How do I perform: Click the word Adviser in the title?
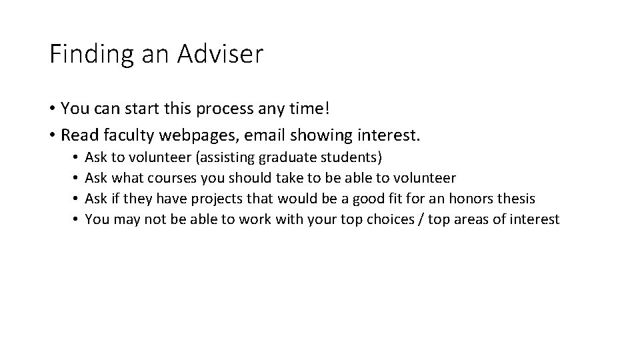pyautogui.click(x=221, y=54)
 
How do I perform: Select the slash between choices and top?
pyautogui.click(x=419, y=219)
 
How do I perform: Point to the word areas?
pyautogui.click(x=471, y=219)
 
